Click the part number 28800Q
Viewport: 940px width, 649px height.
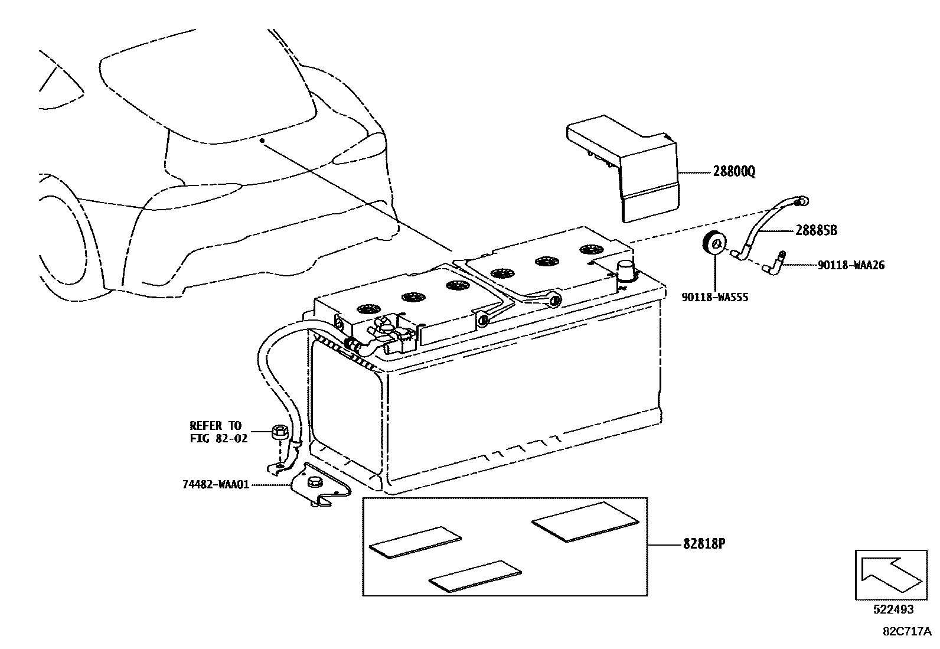click(x=733, y=172)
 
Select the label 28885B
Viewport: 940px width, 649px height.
click(x=816, y=231)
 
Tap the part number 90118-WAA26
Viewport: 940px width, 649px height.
click(x=851, y=266)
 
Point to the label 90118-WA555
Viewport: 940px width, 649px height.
click(x=714, y=298)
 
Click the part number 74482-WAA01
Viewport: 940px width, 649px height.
click(x=216, y=485)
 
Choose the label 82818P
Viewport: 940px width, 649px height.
click(x=704, y=544)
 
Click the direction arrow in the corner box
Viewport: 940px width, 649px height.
click(x=889, y=575)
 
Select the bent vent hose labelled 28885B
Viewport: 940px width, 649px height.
click(x=768, y=227)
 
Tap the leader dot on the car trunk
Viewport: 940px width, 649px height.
click(x=261, y=141)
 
